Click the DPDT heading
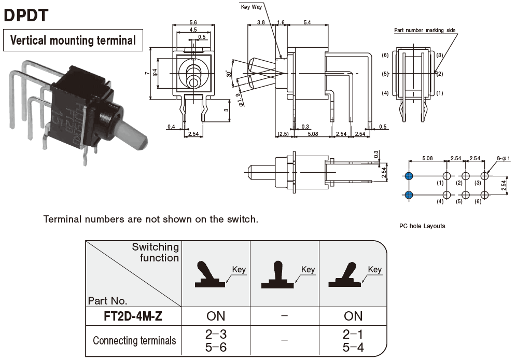[26, 15]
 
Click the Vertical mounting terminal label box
[73, 40]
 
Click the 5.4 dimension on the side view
[306, 23]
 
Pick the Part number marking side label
[425, 31]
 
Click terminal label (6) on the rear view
[385, 55]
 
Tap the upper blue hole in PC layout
[409, 176]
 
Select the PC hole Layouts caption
[422, 226]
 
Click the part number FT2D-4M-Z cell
[133, 316]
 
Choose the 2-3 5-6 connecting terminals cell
[217, 341]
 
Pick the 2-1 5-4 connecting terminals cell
[353, 341]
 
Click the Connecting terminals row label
[134, 341]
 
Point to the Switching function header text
[156, 252]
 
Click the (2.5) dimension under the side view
[283, 134]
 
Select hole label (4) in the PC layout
[440, 202]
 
